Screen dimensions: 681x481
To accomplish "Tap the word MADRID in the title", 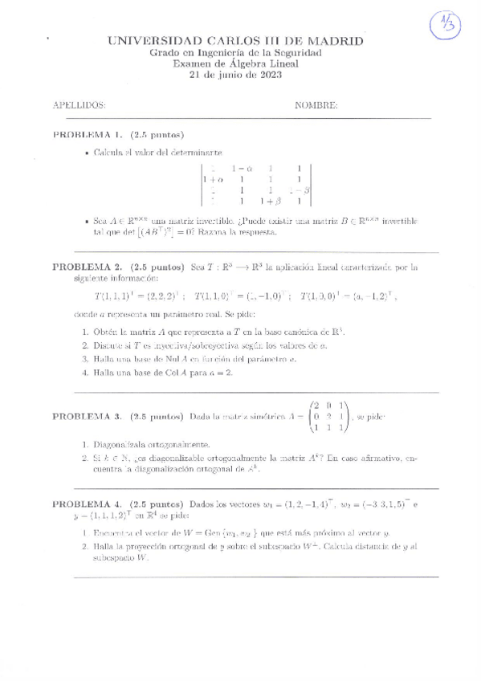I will pyautogui.click(x=335, y=40).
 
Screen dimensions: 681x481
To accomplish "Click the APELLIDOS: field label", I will pyautogui.click(x=79, y=105).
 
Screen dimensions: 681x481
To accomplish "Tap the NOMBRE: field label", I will pyautogui.click(x=316, y=105).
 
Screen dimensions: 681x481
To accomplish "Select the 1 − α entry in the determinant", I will pyautogui.click(x=241, y=169).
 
